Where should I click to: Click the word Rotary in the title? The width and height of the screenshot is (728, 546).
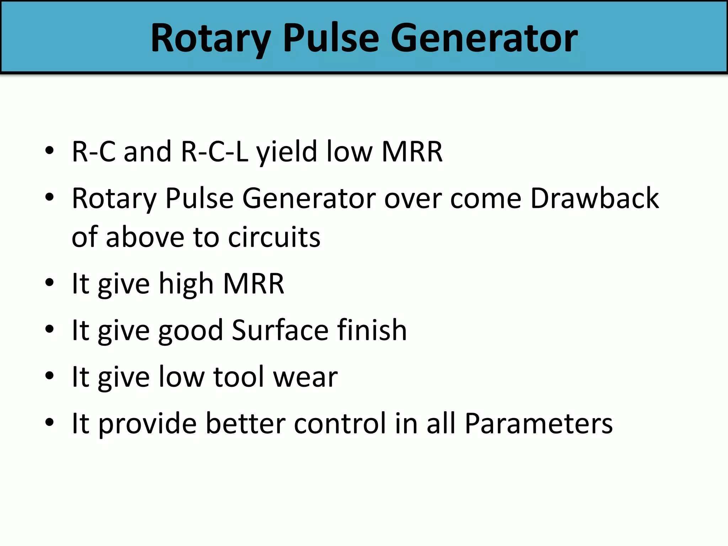[x=210, y=38]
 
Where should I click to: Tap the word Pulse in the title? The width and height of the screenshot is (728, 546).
[x=331, y=38]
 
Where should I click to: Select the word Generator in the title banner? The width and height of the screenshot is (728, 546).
[x=484, y=38]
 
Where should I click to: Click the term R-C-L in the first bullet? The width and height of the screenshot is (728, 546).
[x=214, y=151]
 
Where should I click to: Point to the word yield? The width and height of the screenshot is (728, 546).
[x=287, y=152]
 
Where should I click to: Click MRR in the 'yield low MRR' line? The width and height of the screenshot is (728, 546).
[x=412, y=151]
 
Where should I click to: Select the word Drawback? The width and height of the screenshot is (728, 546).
[x=594, y=198]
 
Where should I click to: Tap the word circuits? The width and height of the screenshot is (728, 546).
[x=274, y=237]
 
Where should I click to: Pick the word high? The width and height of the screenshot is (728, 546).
[x=186, y=284]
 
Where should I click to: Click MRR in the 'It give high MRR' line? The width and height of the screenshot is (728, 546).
[x=253, y=284]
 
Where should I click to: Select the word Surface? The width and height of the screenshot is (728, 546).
[x=280, y=330]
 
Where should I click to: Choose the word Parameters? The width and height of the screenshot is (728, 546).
[x=539, y=423]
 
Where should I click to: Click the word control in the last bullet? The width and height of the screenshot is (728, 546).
[x=340, y=423]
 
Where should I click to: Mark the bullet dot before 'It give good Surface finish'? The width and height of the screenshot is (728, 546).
[x=50, y=329]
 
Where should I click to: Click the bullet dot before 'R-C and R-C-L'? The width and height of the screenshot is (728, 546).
[x=50, y=150]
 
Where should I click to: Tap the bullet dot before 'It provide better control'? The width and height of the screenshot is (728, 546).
[x=50, y=422]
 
